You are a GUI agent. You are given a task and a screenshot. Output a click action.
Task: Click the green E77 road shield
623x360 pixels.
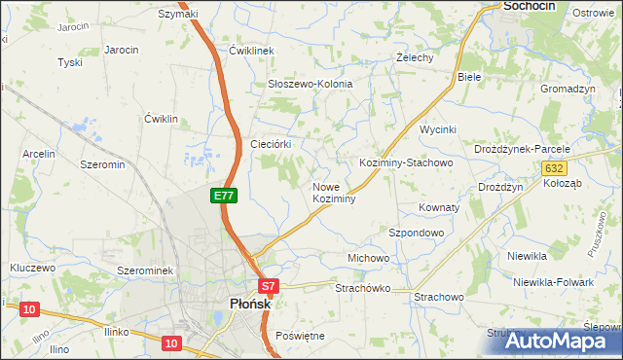click(x=223, y=196)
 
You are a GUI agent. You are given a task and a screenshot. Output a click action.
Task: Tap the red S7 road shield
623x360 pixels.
click(x=269, y=286)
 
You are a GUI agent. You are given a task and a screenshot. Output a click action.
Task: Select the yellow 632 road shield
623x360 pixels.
click(x=552, y=168)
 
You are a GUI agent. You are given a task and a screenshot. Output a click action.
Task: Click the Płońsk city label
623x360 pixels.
click(x=242, y=304)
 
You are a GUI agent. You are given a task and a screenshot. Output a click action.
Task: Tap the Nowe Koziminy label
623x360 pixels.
click(x=333, y=192)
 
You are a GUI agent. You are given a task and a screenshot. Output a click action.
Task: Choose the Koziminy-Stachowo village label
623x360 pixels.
click(x=406, y=163)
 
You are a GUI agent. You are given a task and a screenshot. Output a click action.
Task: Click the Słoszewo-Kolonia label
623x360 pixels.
click(x=311, y=85)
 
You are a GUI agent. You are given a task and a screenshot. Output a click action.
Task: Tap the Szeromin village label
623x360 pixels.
click(x=103, y=165)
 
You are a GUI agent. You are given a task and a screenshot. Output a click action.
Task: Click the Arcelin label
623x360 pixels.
click(x=39, y=154)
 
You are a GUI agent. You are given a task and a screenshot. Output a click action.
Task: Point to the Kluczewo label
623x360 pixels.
click(x=32, y=266)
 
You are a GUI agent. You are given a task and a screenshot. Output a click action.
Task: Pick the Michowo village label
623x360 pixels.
click(x=369, y=258)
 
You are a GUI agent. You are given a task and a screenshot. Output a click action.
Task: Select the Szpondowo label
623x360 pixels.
click(x=417, y=234)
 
